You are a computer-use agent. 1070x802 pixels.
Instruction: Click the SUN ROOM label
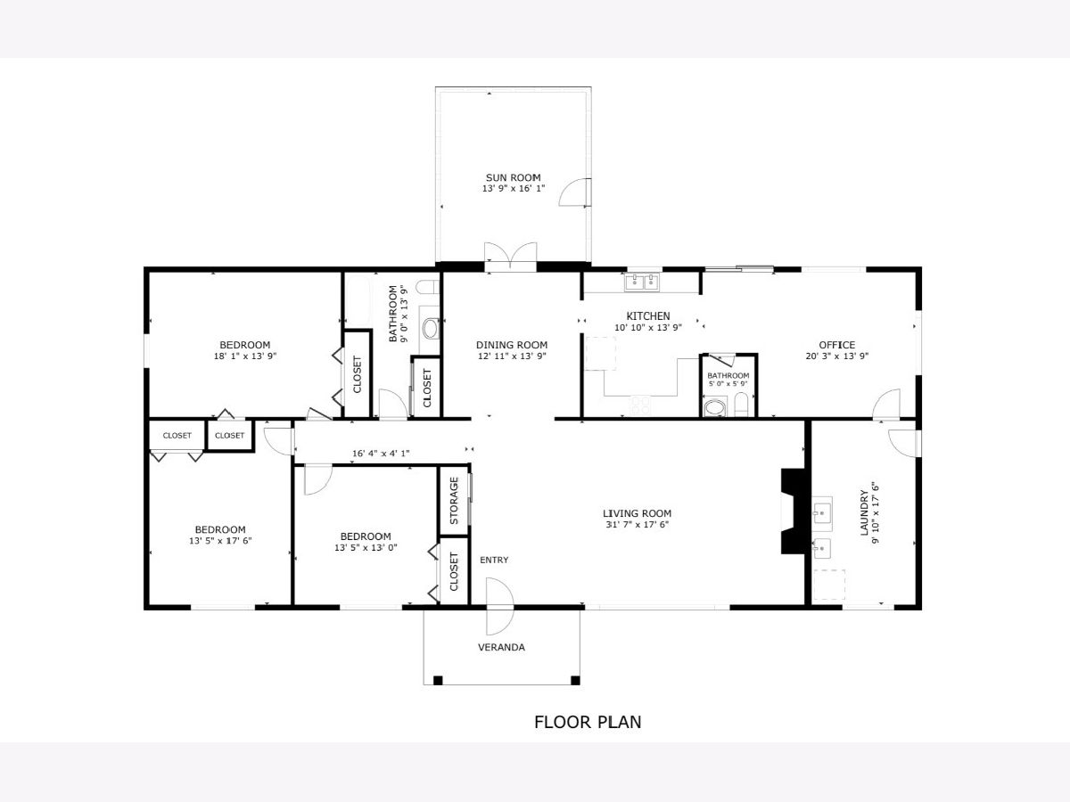point(513,177)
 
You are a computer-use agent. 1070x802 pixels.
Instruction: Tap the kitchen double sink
point(641,282)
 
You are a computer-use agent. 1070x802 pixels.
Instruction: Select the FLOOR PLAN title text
point(588,722)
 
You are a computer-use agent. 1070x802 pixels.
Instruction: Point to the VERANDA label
point(501,647)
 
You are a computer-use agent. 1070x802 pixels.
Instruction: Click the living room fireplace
point(793,511)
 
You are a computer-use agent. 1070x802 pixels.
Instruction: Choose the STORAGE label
point(454,501)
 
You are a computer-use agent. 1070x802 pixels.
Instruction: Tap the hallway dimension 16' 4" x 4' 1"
point(381,454)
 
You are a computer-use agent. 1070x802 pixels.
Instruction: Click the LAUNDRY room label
point(864,512)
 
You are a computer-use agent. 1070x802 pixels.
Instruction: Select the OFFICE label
point(837,345)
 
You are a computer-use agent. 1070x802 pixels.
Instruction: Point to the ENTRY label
point(494,560)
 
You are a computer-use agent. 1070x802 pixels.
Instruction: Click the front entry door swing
point(500,606)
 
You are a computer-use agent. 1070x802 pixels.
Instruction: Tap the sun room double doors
point(510,256)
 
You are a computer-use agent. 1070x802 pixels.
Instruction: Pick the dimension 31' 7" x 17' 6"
point(638,525)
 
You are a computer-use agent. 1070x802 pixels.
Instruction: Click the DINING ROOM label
point(512,345)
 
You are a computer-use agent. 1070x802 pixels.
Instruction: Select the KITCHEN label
point(648,316)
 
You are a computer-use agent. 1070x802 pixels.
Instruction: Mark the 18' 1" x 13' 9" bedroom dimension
point(245,356)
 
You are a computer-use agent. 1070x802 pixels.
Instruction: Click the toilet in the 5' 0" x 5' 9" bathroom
point(741,405)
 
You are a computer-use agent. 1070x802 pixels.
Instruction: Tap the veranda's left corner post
point(438,680)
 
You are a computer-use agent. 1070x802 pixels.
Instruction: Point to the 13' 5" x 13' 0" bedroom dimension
point(366,548)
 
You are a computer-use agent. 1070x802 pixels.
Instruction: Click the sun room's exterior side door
point(575,192)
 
